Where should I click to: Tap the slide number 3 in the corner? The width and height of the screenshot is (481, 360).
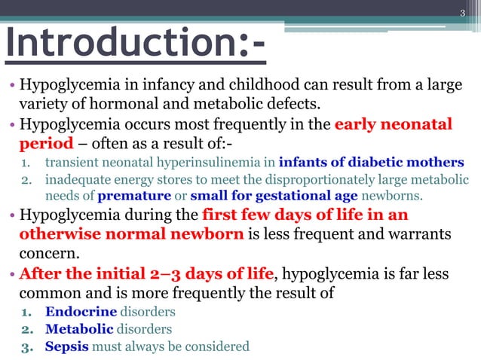[x=464, y=13]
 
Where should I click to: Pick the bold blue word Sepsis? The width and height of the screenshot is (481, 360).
[x=67, y=346]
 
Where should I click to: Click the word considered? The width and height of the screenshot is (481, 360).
[x=219, y=346]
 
